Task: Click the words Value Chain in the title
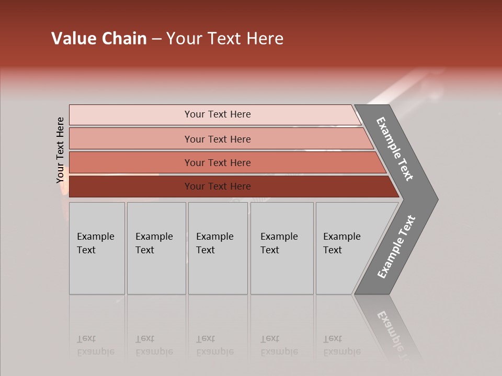point(99,39)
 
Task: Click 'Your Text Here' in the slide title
point(225,39)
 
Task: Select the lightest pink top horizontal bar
point(217,114)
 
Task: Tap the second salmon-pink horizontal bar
point(217,139)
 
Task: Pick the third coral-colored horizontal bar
point(217,162)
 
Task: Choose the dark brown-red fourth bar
point(217,186)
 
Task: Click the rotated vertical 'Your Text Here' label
point(61,150)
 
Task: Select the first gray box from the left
point(97,248)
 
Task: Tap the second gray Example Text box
point(156,248)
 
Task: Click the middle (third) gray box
point(218,248)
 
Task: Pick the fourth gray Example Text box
point(281,248)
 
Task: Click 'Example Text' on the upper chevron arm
point(395,149)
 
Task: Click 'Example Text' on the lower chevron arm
point(396,247)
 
